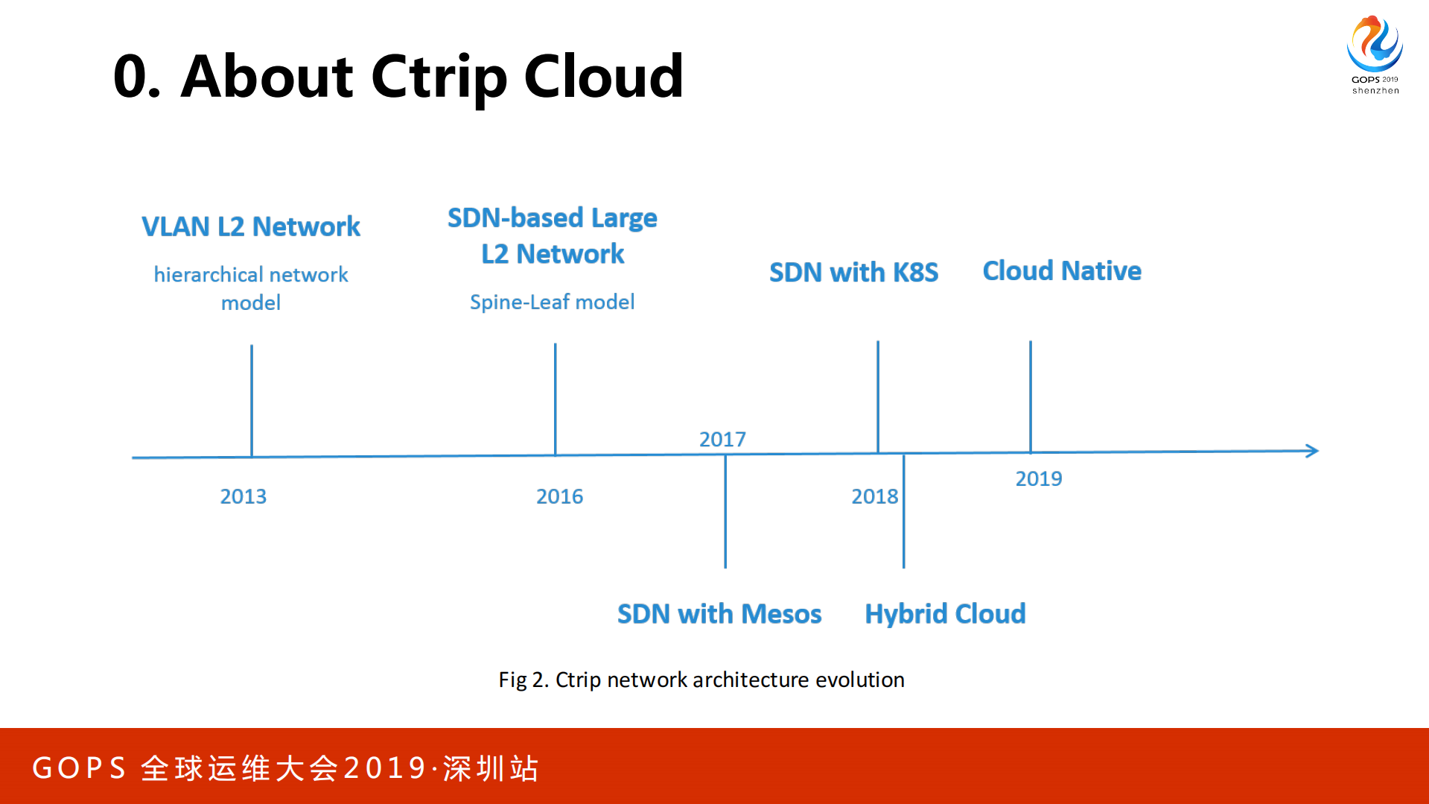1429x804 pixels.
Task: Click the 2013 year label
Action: click(x=243, y=496)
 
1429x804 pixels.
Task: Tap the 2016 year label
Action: click(x=559, y=496)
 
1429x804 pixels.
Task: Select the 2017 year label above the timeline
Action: click(x=722, y=440)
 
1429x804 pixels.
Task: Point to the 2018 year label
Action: click(x=874, y=496)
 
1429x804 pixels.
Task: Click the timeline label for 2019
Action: click(x=1038, y=478)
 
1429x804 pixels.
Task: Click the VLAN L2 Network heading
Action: click(x=251, y=227)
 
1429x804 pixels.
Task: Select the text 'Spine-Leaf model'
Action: click(x=552, y=302)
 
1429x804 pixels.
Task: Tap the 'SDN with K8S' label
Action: click(x=853, y=272)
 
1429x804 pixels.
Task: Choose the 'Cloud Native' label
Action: click(x=1061, y=270)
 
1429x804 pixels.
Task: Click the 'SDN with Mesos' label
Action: click(x=719, y=614)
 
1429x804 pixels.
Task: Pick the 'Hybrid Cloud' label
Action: click(x=945, y=614)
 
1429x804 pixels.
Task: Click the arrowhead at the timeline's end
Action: click(x=1312, y=450)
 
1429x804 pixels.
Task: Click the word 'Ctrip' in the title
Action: click(x=440, y=77)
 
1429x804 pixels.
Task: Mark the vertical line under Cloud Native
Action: click(x=1031, y=396)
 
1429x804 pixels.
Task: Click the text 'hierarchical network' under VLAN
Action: click(x=251, y=275)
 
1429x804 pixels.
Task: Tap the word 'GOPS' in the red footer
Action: click(x=80, y=768)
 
